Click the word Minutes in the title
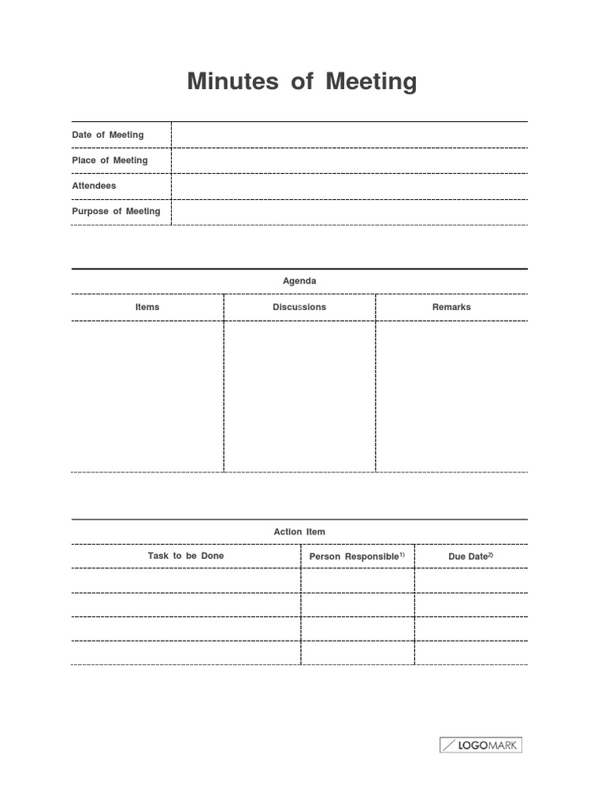232,82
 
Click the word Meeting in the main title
371,82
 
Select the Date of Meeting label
108,135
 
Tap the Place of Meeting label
109,161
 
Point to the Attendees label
94,186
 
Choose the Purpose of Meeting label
116,211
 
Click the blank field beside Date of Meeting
349,135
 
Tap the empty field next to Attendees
349,187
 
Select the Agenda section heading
299,281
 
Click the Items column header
147,307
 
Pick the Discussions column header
299,307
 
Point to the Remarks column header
451,307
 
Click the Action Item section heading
299,532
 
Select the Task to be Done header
186,556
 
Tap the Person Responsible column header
354,556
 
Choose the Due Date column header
468,556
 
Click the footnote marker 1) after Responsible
402,555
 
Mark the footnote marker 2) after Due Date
490,555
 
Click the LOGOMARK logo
481,745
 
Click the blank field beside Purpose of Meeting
349,212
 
